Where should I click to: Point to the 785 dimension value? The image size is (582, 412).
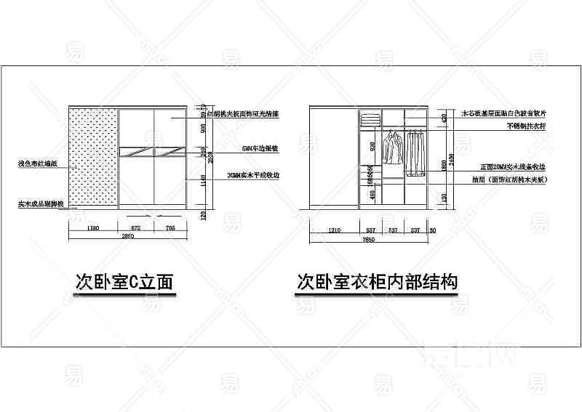(171, 229)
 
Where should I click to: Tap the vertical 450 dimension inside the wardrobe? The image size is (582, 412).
(372, 195)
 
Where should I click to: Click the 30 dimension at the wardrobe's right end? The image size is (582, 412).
(433, 231)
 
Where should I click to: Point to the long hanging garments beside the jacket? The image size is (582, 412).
(415, 153)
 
